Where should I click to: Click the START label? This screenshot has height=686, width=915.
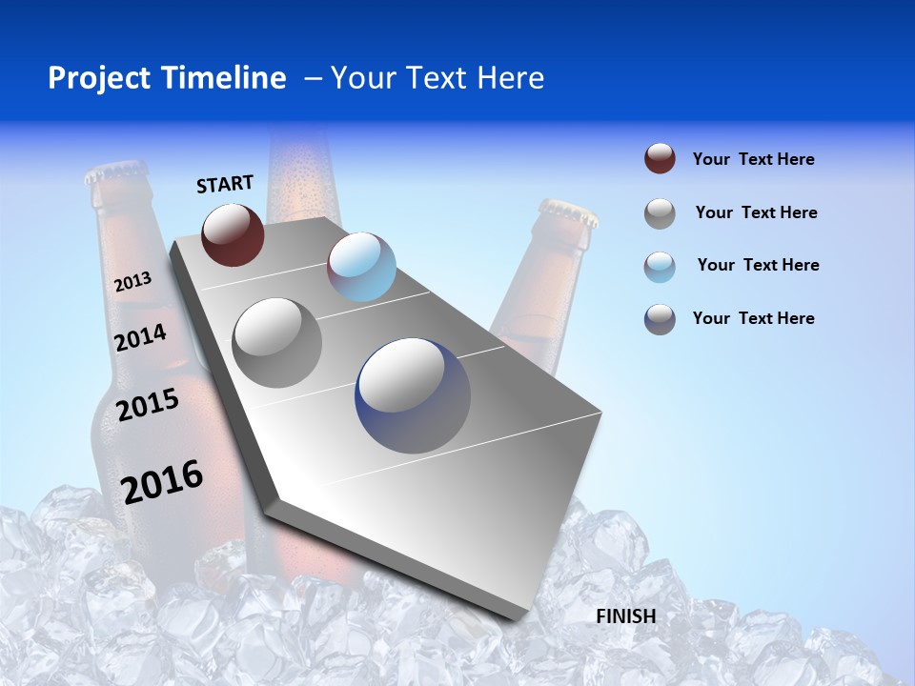(x=225, y=184)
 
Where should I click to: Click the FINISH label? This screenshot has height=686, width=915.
(x=626, y=616)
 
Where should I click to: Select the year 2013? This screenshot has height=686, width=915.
(x=132, y=282)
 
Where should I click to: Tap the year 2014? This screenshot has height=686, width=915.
(x=141, y=337)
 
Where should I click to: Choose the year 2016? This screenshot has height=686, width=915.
(x=162, y=481)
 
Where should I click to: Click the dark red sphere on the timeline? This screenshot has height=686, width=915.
(x=233, y=234)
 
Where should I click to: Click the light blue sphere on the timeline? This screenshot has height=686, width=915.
(x=361, y=267)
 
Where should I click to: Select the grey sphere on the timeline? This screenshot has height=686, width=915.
(x=277, y=342)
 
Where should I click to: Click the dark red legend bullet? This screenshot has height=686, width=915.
(x=660, y=159)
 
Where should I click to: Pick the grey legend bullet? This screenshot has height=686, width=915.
(x=660, y=213)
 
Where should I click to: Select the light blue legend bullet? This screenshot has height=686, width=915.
(x=660, y=266)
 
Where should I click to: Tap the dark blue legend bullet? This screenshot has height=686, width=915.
(x=660, y=319)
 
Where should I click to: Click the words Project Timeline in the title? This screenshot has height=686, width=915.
(x=167, y=78)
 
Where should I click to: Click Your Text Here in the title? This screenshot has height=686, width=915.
(x=437, y=78)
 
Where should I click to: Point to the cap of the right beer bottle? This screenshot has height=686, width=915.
(x=569, y=212)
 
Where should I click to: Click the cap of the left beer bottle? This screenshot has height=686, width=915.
(x=115, y=172)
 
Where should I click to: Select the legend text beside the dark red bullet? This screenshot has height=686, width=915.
(x=753, y=159)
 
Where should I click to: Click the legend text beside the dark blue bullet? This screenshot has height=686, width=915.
(x=753, y=318)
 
